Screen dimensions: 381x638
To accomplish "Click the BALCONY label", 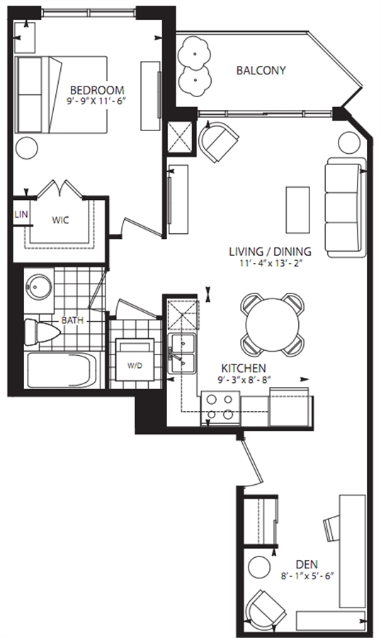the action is (x=261, y=70).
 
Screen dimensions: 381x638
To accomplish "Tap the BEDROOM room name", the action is (x=97, y=90).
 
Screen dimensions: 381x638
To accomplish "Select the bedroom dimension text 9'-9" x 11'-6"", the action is (x=97, y=101).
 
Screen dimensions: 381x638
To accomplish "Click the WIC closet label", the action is (x=60, y=220).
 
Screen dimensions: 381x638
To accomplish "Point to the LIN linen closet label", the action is (x=21, y=214).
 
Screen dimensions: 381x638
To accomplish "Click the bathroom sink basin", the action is (x=39, y=287).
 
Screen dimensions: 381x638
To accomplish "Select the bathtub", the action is (x=61, y=370).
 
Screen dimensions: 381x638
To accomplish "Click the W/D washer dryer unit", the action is (x=135, y=359).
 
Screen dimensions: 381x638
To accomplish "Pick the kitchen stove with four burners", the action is (x=220, y=408).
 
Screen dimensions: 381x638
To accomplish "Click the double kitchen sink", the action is (x=182, y=353).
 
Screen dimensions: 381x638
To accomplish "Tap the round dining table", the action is (x=273, y=324).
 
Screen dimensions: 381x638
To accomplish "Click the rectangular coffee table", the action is (x=297, y=210).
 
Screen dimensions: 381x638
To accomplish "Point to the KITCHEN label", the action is (x=244, y=368).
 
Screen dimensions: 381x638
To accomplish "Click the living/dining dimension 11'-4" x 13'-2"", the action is (x=270, y=263).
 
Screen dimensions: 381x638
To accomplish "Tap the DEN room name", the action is (x=307, y=565).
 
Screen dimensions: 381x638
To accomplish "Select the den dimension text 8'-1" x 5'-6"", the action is (x=307, y=576).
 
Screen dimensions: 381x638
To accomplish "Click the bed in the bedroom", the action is (x=61, y=94).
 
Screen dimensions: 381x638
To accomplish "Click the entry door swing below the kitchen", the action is (x=252, y=461).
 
